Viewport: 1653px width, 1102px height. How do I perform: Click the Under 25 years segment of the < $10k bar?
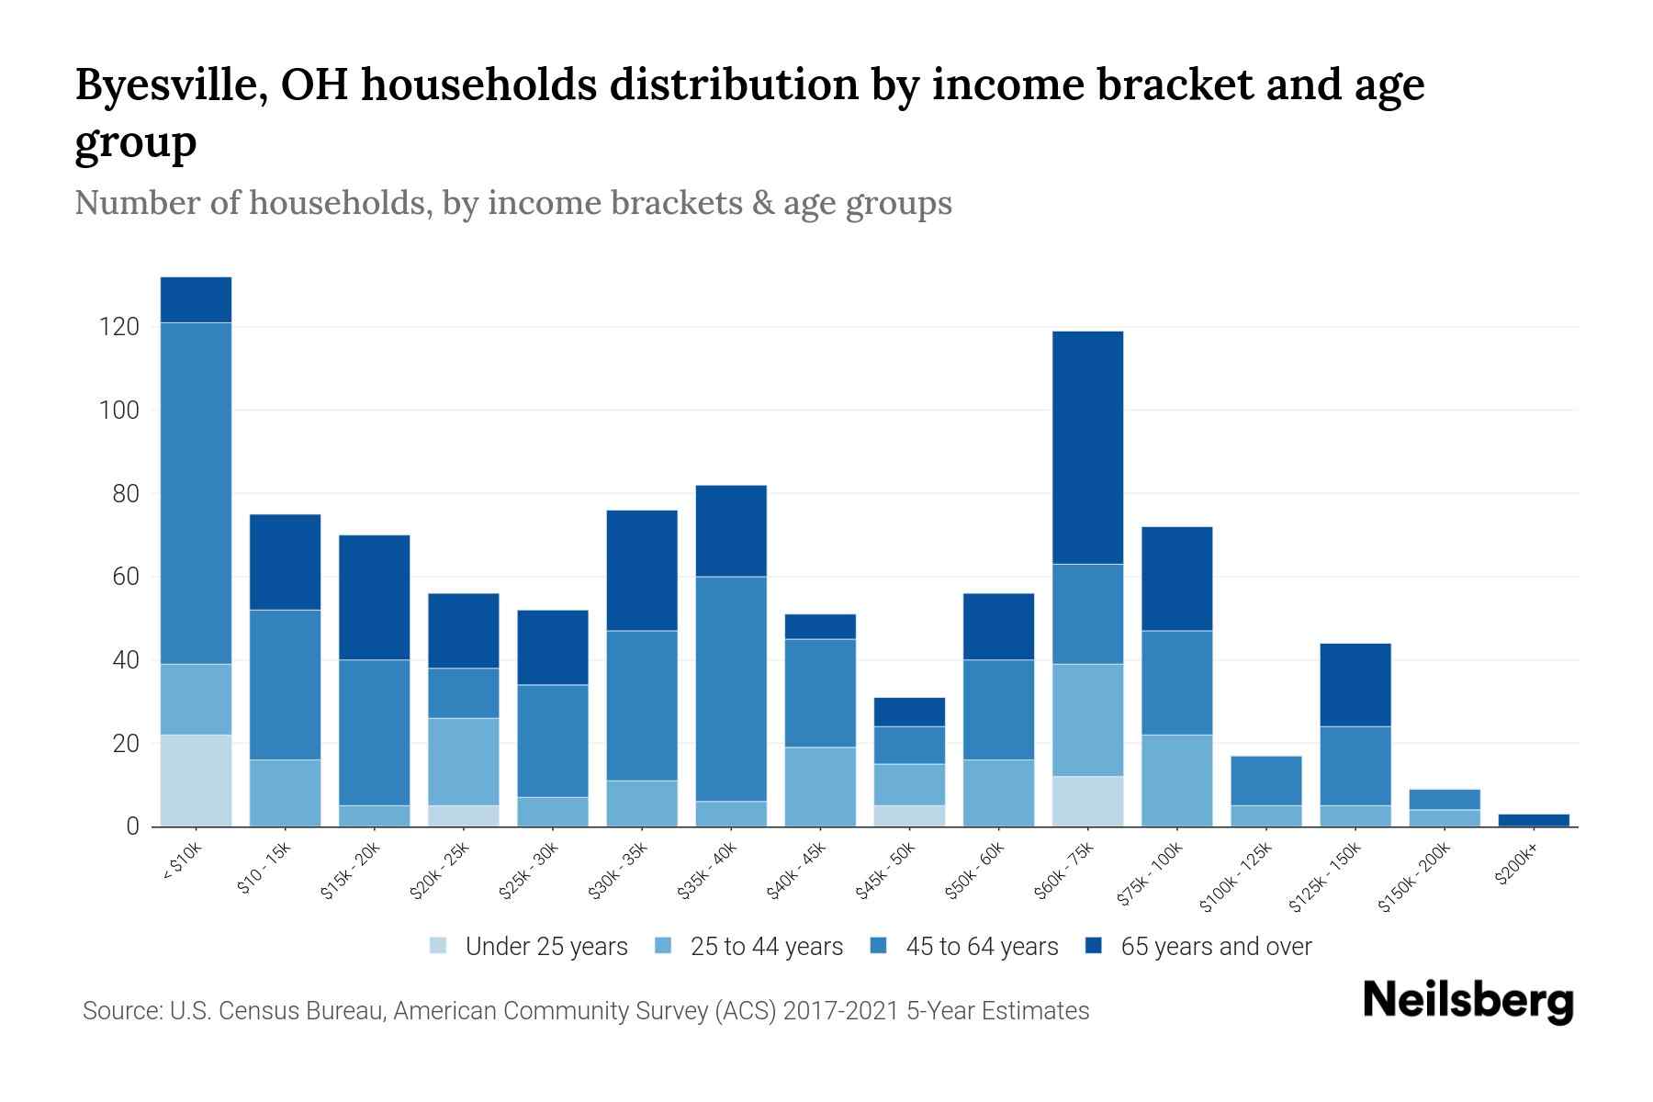(196, 781)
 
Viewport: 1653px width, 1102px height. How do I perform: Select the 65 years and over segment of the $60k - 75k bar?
(1087, 447)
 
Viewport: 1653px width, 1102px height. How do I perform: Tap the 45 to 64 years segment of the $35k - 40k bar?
(731, 689)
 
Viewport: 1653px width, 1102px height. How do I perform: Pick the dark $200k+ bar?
(1534, 820)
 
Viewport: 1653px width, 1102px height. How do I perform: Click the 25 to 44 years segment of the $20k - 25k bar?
(464, 761)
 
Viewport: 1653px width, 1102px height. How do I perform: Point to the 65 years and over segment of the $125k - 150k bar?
(1355, 685)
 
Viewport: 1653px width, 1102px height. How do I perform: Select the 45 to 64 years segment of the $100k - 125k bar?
(1265, 781)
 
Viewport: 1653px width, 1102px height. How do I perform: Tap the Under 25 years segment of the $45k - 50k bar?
(909, 815)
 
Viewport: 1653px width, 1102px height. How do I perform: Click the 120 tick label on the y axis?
(119, 327)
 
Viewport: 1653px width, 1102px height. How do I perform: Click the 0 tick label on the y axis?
(132, 826)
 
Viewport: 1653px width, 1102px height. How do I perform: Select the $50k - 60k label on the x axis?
(977, 870)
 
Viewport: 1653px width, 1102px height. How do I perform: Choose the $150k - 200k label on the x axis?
(1415, 877)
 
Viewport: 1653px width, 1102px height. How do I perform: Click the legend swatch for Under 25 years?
(439, 945)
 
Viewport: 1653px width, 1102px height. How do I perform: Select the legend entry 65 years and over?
(1215, 946)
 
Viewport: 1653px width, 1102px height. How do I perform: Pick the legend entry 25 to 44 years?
(766, 946)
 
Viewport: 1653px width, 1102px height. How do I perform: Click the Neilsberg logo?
(1467, 1000)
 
